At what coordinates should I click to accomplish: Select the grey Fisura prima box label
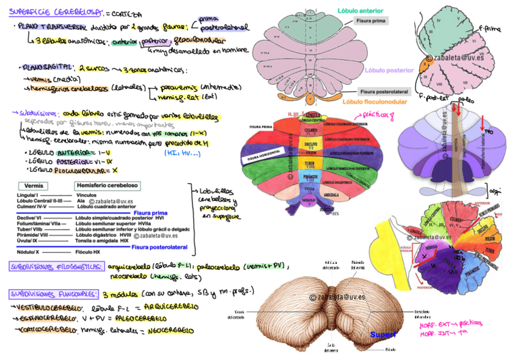371,20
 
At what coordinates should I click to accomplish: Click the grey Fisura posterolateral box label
384,92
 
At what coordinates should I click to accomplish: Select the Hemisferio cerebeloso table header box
106,186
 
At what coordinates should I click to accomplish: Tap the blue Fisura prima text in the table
150,213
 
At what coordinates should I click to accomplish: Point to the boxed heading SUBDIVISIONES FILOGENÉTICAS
57,266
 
